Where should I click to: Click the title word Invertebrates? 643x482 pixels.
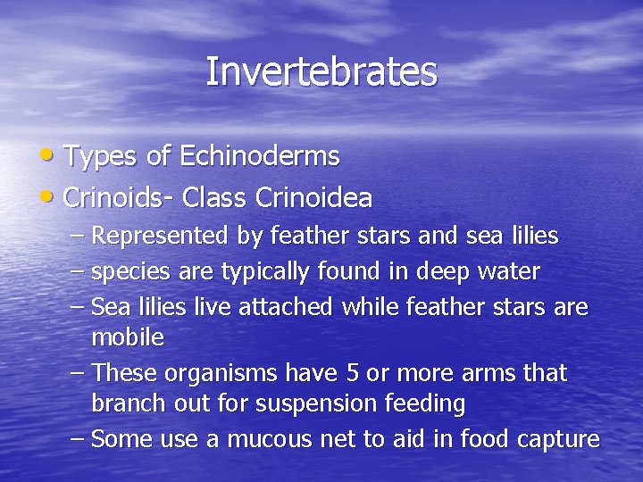click(x=321, y=72)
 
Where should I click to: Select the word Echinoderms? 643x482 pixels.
click(x=260, y=156)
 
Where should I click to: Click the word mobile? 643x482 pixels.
click(x=128, y=337)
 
